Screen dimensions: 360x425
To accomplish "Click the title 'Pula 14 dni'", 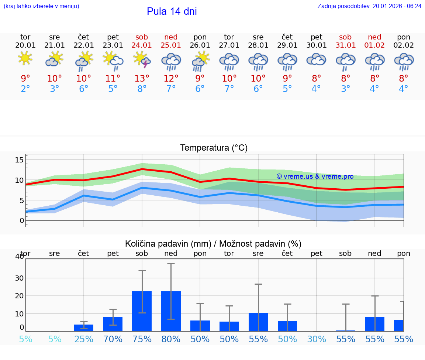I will pos(172,11).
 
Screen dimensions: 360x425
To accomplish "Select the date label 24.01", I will pos(142,45).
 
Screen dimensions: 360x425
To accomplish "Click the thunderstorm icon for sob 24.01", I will pos(142,60).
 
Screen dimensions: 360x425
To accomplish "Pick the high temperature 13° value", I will pos(142,78).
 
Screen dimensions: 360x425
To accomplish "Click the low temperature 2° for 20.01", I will pos(25,89).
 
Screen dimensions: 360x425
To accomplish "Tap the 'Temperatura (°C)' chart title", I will pos(214,148).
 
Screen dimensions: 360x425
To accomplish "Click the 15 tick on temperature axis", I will pos(19,160).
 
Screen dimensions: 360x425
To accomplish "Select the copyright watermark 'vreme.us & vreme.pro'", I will pos(315,176).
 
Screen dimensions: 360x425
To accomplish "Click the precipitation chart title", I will pos(213,244).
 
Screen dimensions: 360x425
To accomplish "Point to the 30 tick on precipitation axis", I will pos(19,278).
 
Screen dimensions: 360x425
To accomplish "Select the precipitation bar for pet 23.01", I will pos(113,324).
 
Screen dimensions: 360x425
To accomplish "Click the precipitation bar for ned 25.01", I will pos(171,311).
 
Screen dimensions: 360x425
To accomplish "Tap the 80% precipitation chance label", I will pos(171,339).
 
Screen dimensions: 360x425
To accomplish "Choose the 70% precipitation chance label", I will pos(113,339).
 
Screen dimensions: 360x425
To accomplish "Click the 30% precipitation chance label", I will pos(317,339).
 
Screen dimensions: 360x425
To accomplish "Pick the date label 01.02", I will pos(374,45).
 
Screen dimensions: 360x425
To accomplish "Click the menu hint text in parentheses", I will pos(41,6).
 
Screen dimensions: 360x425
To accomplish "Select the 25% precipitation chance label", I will pos(84,339).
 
